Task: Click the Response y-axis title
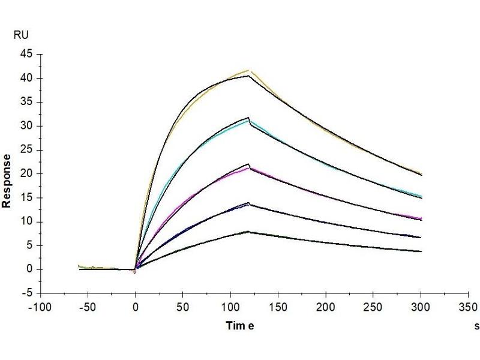coord(7,181)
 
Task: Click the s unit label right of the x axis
coord(476,326)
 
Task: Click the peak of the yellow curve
coord(248,70)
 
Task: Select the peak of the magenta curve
coord(249,168)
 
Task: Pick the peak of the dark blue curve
coord(248,204)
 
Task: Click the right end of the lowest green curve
coord(421,251)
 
